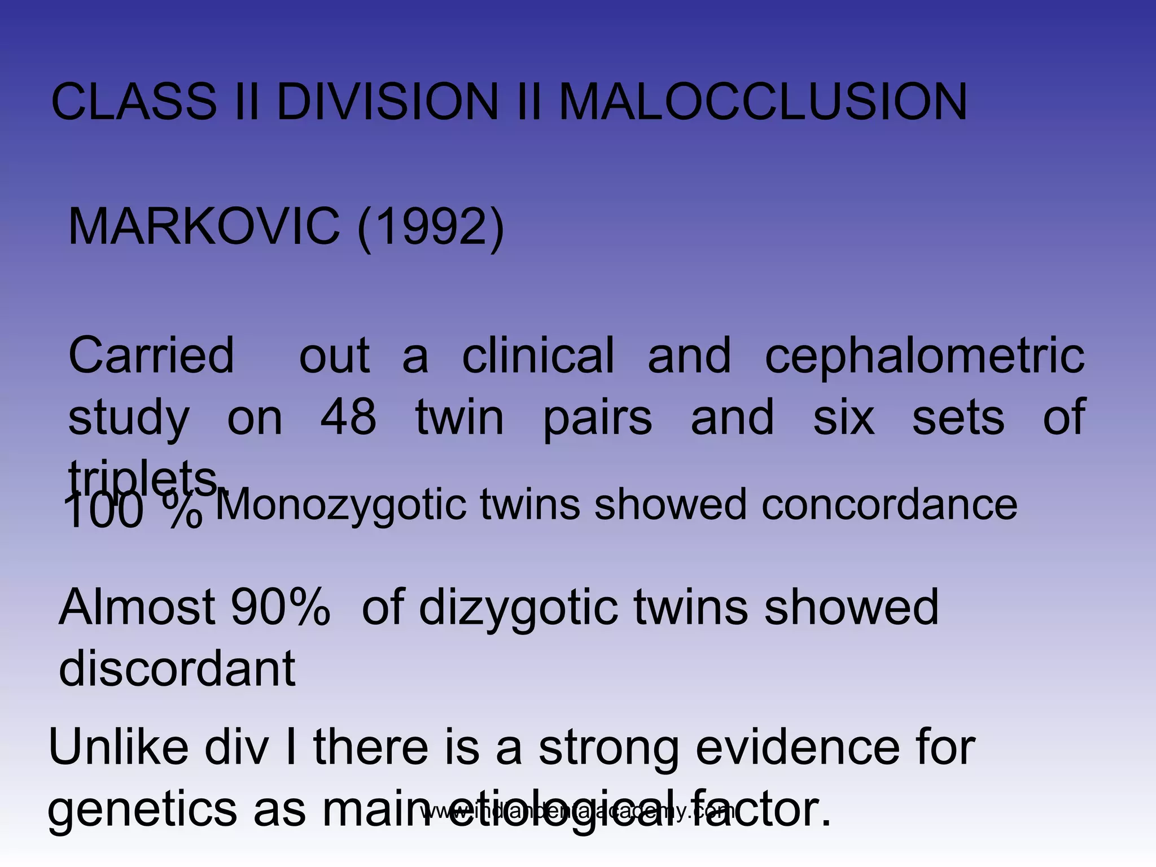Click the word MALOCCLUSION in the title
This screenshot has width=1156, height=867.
point(763,102)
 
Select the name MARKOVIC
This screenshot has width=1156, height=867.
point(204,226)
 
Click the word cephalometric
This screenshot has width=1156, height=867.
point(925,356)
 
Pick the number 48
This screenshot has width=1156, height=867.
point(348,417)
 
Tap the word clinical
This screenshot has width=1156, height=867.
point(538,356)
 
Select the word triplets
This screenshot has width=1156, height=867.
point(144,479)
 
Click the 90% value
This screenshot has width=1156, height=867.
point(280,607)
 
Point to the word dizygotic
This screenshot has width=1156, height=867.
point(518,608)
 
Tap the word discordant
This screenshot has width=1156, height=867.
point(177,668)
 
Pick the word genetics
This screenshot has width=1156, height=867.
point(143,809)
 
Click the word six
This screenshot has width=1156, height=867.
point(843,417)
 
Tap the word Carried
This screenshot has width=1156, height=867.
point(151,356)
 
